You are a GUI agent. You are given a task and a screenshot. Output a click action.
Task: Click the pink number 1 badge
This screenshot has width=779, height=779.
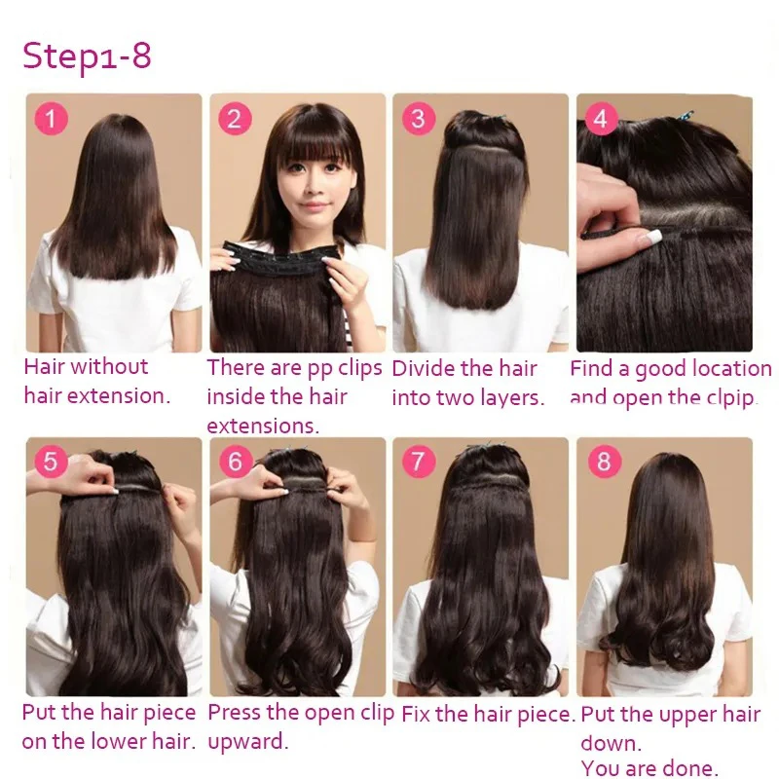(x=52, y=119)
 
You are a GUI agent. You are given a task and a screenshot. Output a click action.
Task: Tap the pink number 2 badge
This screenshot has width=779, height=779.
(x=235, y=119)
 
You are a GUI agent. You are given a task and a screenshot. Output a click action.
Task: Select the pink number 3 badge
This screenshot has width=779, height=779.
(x=418, y=119)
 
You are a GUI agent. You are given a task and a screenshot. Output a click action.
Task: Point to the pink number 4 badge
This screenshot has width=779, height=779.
(x=601, y=119)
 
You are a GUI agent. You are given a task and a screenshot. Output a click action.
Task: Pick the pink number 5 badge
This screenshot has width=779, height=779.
(x=52, y=461)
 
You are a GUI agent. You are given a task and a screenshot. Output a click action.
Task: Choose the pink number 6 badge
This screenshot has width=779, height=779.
(x=235, y=461)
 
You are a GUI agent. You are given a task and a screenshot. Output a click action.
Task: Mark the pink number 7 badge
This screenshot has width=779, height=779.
(x=418, y=461)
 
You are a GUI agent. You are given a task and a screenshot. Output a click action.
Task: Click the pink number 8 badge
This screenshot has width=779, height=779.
(x=603, y=461)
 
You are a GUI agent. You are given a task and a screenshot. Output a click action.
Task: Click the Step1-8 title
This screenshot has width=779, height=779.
(x=87, y=56)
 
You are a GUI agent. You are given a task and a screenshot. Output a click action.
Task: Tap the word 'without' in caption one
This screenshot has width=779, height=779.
(x=109, y=367)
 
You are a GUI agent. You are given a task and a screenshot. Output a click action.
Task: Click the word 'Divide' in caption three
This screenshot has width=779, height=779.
(x=423, y=368)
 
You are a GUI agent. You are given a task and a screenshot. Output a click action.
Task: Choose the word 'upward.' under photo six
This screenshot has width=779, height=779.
(x=248, y=742)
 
